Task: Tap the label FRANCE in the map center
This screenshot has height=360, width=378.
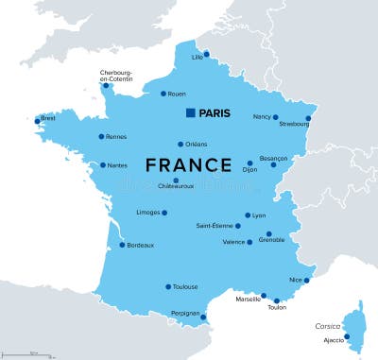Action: (x=188, y=164)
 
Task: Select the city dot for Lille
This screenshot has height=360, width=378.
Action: (x=206, y=54)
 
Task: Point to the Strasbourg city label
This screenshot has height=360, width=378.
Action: (x=294, y=124)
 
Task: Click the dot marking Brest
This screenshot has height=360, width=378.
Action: (x=38, y=120)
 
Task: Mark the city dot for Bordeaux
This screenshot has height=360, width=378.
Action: (x=122, y=245)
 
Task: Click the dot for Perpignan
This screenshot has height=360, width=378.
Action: (x=203, y=317)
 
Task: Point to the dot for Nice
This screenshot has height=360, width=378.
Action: (x=306, y=280)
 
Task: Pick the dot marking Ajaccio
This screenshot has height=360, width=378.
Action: (x=347, y=336)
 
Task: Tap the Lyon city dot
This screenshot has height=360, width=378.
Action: (x=248, y=215)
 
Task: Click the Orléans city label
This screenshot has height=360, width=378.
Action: (x=196, y=145)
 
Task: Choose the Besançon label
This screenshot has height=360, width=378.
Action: (x=274, y=161)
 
